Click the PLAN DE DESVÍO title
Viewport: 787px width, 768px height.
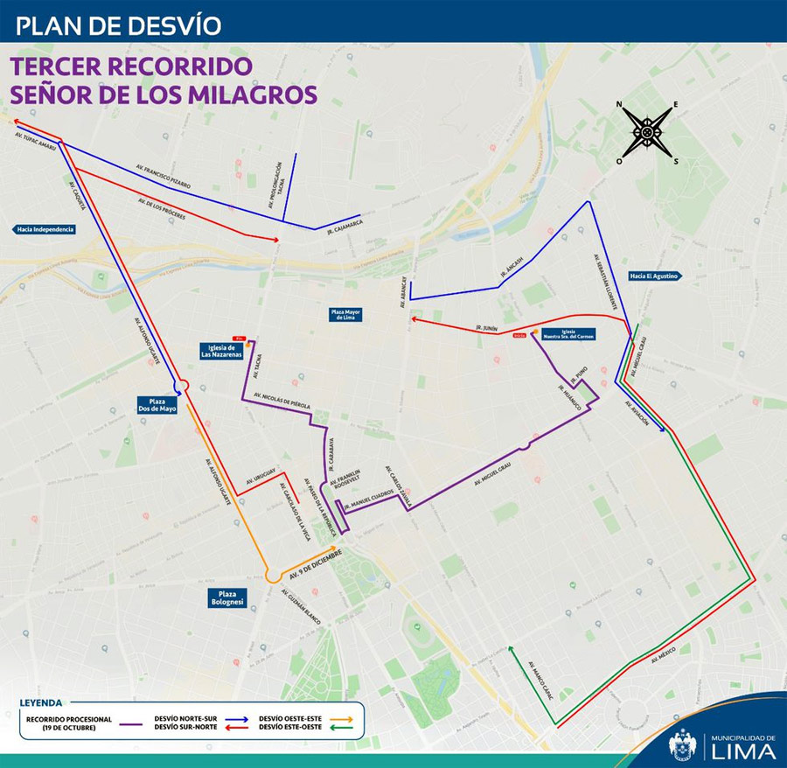click(x=119, y=24)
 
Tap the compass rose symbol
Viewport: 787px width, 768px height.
click(x=647, y=132)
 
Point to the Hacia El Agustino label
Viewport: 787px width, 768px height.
click(x=653, y=276)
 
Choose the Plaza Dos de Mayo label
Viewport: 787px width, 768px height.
click(x=157, y=404)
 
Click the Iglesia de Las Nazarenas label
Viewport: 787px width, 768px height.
click(x=220, y=351)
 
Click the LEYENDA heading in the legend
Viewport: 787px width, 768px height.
click(x=41, y=702)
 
